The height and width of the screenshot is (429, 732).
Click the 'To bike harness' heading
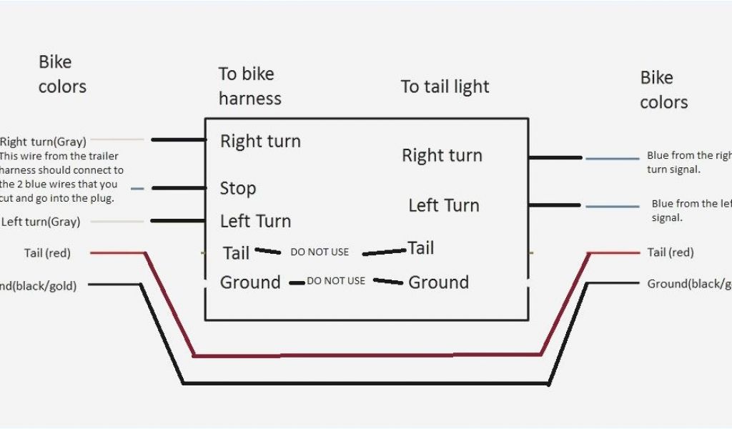(249, 86)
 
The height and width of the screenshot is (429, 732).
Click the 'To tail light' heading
(445, 87)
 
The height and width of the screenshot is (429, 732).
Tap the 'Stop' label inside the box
(237, 188)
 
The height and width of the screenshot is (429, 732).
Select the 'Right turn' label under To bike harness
(260, 141)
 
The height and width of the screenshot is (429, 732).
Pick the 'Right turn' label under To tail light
(442, 155)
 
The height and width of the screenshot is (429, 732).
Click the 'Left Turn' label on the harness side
(255, 221)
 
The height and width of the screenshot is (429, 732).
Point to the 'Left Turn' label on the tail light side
(443, 205)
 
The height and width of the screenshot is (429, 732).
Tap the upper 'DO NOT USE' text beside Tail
(320, 252)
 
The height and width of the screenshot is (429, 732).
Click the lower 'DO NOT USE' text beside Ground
(336, 281)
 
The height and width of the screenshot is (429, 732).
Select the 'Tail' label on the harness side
(236, 252)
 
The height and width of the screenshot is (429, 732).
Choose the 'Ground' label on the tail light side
(438, 282)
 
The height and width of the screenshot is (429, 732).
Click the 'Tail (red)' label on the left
(47, 252)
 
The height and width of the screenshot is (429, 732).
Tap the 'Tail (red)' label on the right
(670, 252)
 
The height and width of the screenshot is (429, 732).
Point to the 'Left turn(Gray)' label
(41, 222)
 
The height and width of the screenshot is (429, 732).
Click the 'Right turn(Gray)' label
(43, 142)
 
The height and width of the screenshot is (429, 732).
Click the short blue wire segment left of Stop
(137, 189)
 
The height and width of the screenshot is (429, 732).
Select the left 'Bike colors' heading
(62, 74)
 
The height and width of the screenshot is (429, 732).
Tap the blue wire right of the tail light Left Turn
(612, 207)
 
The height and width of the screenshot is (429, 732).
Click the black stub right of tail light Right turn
(555, 157)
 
